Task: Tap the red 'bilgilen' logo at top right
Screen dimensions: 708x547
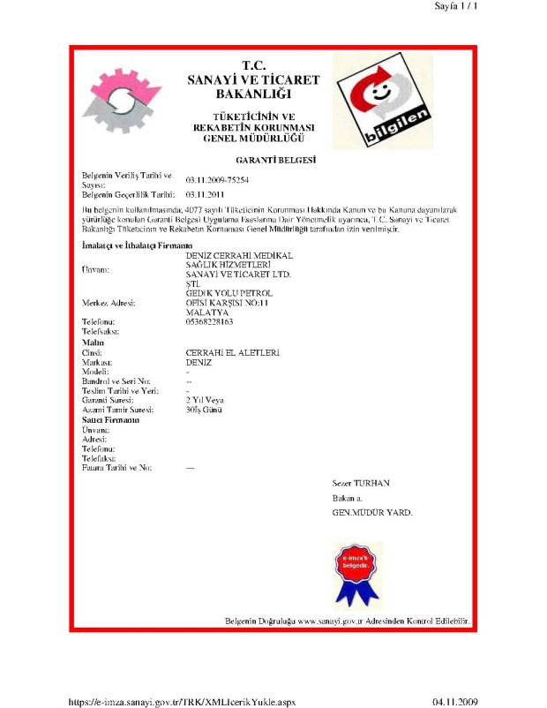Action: pyautogui.click(x=383, y=100)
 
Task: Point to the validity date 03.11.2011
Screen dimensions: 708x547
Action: pyautogui.click(x=206, y=192)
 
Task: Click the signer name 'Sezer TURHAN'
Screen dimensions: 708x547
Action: pyautogui.click(x=361, y=483)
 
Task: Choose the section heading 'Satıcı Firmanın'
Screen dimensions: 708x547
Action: pyautogui.click(x=112, y=419)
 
